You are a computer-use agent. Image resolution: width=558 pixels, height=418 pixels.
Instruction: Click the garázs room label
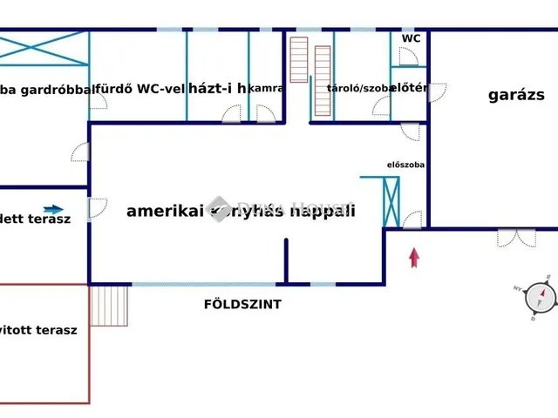point(516,96)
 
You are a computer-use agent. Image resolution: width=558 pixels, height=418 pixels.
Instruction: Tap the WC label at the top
point(411,39)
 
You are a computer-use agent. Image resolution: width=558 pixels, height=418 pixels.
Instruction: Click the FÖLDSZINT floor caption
point(242,305)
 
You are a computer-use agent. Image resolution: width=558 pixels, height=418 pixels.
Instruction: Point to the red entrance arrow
point(414,258)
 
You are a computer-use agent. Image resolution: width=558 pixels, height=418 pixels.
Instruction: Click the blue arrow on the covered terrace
point(52,210)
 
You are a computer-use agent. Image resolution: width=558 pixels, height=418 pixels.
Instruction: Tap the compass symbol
point(541,298)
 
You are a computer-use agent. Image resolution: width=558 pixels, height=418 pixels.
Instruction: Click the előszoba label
point(405,165)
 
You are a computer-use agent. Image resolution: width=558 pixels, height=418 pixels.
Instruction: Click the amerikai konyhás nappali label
point(241,211)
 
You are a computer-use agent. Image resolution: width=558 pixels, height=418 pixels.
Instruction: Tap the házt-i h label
point(218,88)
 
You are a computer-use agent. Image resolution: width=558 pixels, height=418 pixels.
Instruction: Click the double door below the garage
point(516,237)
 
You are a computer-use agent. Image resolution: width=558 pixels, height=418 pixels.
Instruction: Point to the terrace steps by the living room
point(110,306)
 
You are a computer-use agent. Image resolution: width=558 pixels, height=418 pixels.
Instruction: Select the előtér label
point(407,88)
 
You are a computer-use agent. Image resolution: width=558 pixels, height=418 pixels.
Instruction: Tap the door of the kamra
point(267,112)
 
